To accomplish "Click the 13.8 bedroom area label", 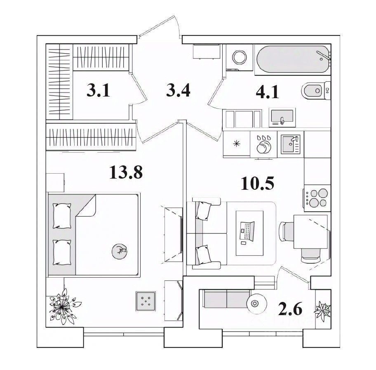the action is point(126,172).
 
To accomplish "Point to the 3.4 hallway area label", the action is point(178,90).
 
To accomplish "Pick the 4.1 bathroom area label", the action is point(267,92).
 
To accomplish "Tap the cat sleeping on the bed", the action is point(120,250).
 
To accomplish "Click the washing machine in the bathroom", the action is point(238,57).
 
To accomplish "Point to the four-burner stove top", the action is point(317,198).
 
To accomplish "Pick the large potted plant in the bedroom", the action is point(62,305).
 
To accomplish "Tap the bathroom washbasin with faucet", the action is point(282,116).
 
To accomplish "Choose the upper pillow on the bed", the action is point(61,215).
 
